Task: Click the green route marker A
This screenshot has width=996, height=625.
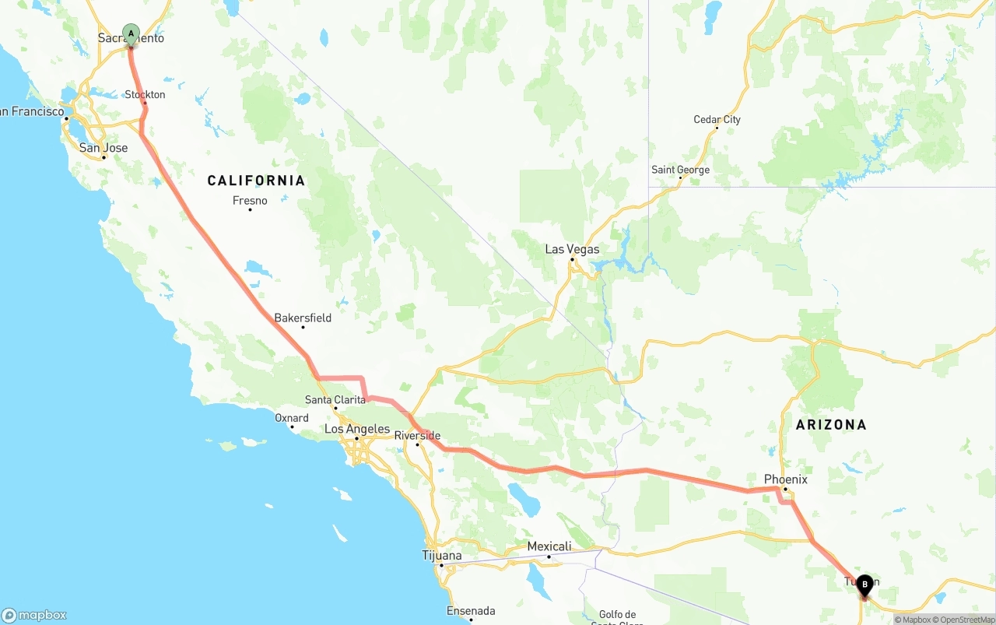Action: coord(131,33)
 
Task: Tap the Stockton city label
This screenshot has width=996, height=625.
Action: coord(145,95)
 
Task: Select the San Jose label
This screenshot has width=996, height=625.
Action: coord(103,148)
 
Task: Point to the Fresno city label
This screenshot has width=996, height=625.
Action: coord(250,201)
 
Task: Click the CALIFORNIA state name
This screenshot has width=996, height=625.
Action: coord(256,181)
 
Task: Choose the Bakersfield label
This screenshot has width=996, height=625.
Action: coord(303,318)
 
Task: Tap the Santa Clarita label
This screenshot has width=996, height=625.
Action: coord(335,400)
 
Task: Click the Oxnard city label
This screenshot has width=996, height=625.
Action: coord(292,418)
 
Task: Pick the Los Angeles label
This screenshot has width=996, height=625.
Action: coord(357,429)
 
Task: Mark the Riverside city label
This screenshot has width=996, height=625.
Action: coord(418,436)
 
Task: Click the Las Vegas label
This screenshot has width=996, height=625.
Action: coord(572,249)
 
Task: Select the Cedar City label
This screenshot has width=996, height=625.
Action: coord(717,120)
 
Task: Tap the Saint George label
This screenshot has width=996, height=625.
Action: coord(680,170)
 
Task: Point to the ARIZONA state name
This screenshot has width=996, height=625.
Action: coord(830,425)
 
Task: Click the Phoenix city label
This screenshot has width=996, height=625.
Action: coord(785,479)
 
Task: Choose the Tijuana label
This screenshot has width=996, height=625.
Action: coord(441,556)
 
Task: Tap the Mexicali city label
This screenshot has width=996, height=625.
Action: coord(549,546)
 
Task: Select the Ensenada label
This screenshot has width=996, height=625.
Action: coord(470,611)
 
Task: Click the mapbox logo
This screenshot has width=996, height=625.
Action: coord(34,615)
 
